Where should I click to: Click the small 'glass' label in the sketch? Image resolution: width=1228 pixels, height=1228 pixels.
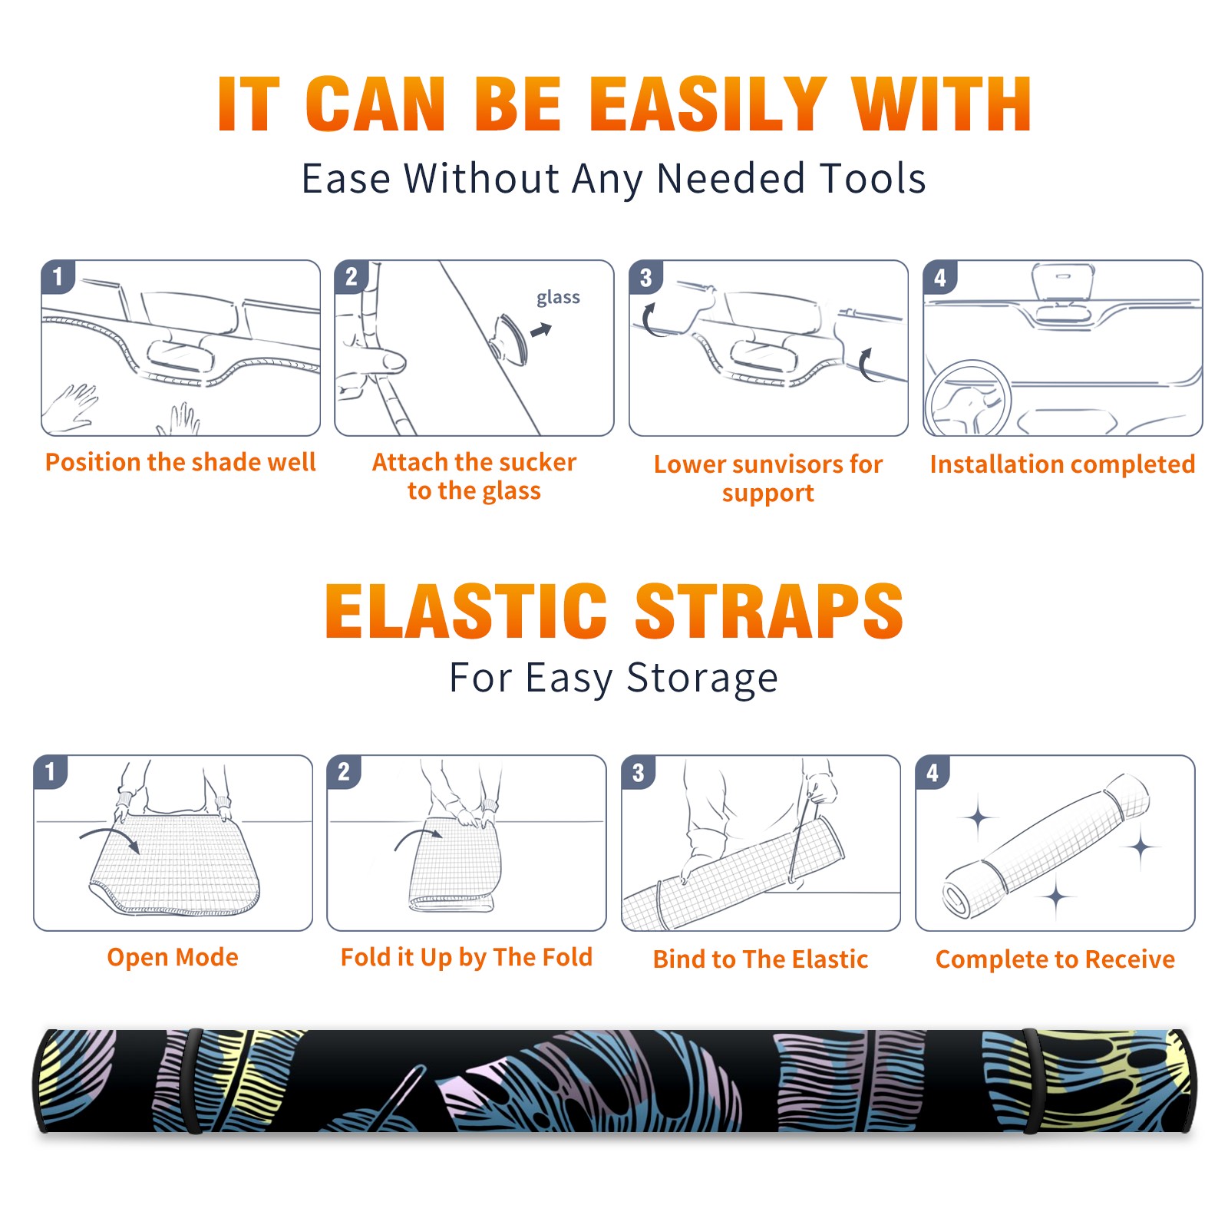click(558, 297)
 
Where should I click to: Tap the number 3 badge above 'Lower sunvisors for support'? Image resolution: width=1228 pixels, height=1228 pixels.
click(645, 277)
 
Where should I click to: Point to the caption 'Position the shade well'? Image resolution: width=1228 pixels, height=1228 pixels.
click(180, 462)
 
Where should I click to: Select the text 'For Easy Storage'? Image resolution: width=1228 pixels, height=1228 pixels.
click(614, 678)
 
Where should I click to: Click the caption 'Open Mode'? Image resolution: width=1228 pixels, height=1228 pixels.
click(173, 957)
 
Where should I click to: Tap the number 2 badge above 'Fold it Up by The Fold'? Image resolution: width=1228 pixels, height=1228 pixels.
click(344, 771)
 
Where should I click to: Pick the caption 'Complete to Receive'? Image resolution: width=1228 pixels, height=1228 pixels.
click(1055, 959)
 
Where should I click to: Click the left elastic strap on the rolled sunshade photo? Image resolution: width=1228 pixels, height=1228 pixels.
click(194, 1081)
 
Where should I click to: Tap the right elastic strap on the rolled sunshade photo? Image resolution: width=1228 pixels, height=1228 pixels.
click(1032, 1081)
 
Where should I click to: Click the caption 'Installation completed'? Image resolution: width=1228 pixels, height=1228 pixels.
click(1063, 464)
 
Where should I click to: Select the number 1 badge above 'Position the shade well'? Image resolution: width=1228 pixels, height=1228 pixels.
click(58, 276)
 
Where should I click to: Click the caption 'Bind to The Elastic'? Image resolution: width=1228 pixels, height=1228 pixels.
click(761, 959)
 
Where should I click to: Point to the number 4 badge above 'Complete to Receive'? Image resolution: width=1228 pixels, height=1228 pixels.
click(933, 772)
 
